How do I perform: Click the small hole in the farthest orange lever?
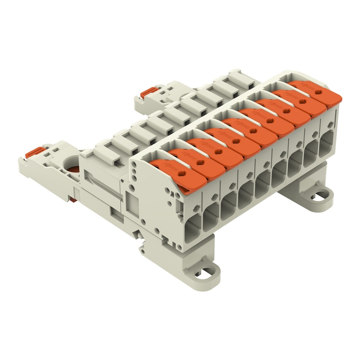click(x=316, y=92)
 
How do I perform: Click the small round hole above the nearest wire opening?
click(x=197, y=207)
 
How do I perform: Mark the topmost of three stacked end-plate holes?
click(x=134, y=164)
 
